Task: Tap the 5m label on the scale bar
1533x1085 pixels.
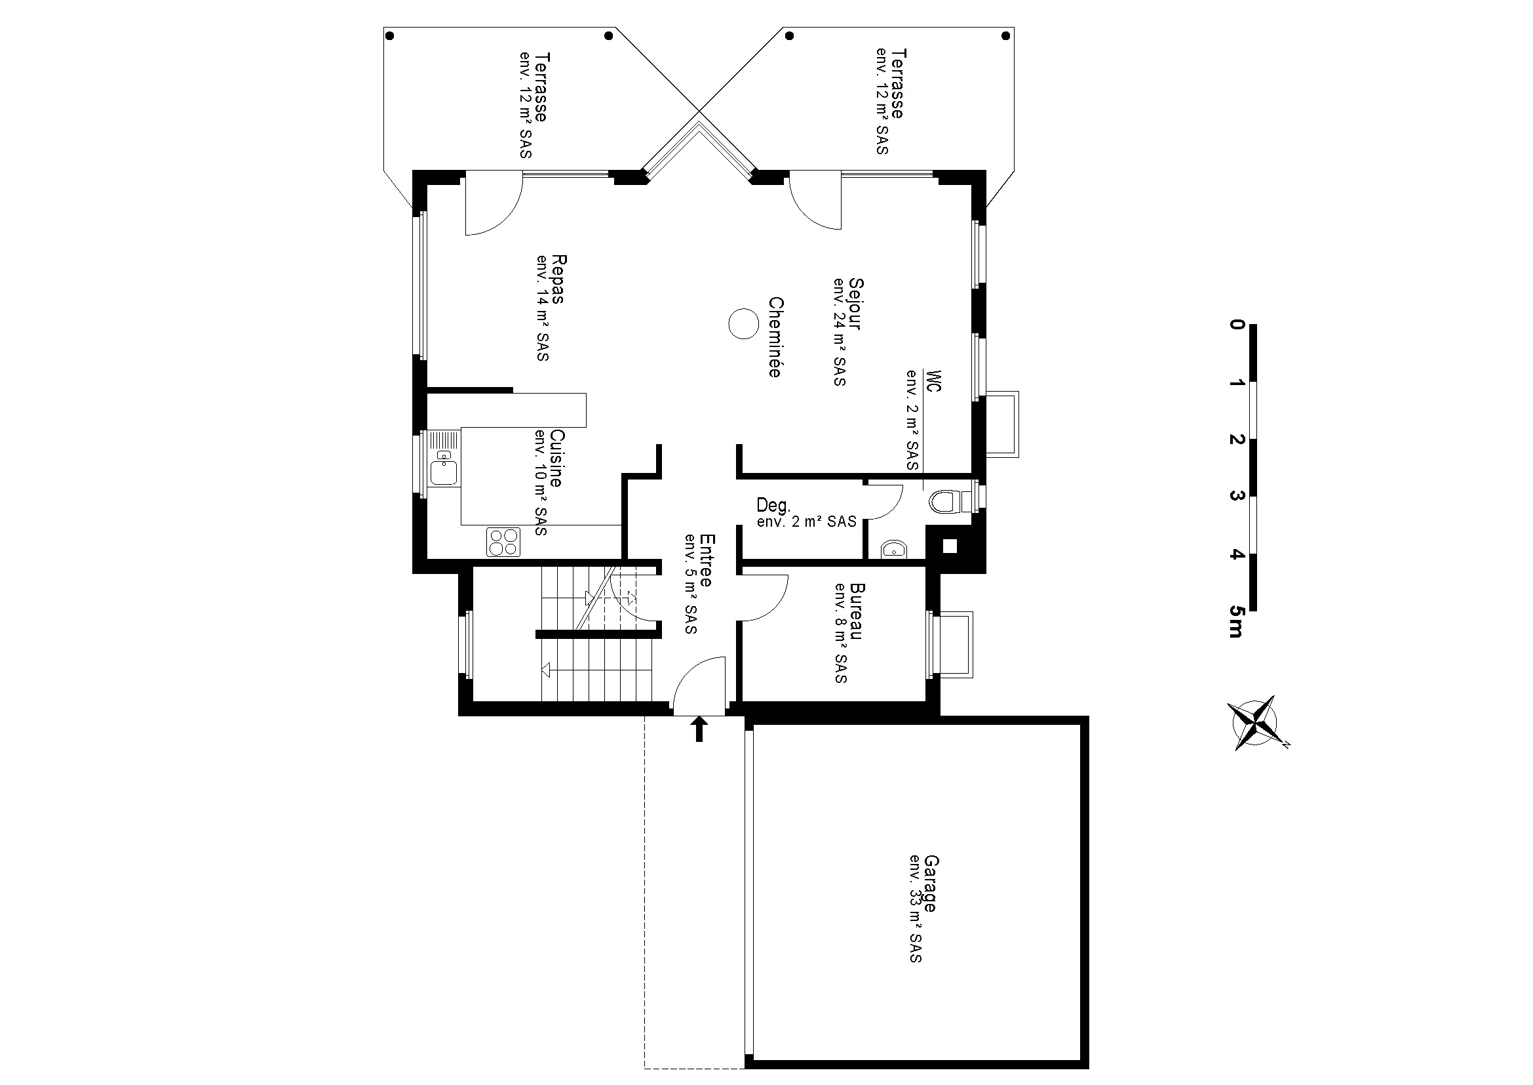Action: (1236, 622)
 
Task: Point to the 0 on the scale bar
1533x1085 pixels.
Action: (1237, 325)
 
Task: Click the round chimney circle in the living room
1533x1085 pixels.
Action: (743, 325)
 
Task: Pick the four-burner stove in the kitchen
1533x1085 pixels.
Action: (504, 542)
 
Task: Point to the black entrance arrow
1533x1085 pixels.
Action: (699, 729)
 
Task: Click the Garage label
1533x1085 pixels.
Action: (931, 883)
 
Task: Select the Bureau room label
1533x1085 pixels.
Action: (857, 611)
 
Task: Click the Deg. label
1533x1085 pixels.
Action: (773, 505)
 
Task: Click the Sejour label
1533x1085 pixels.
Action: (855, 304)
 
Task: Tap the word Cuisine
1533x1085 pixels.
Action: (556, 459)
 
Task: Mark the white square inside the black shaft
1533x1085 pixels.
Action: (950, 546)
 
